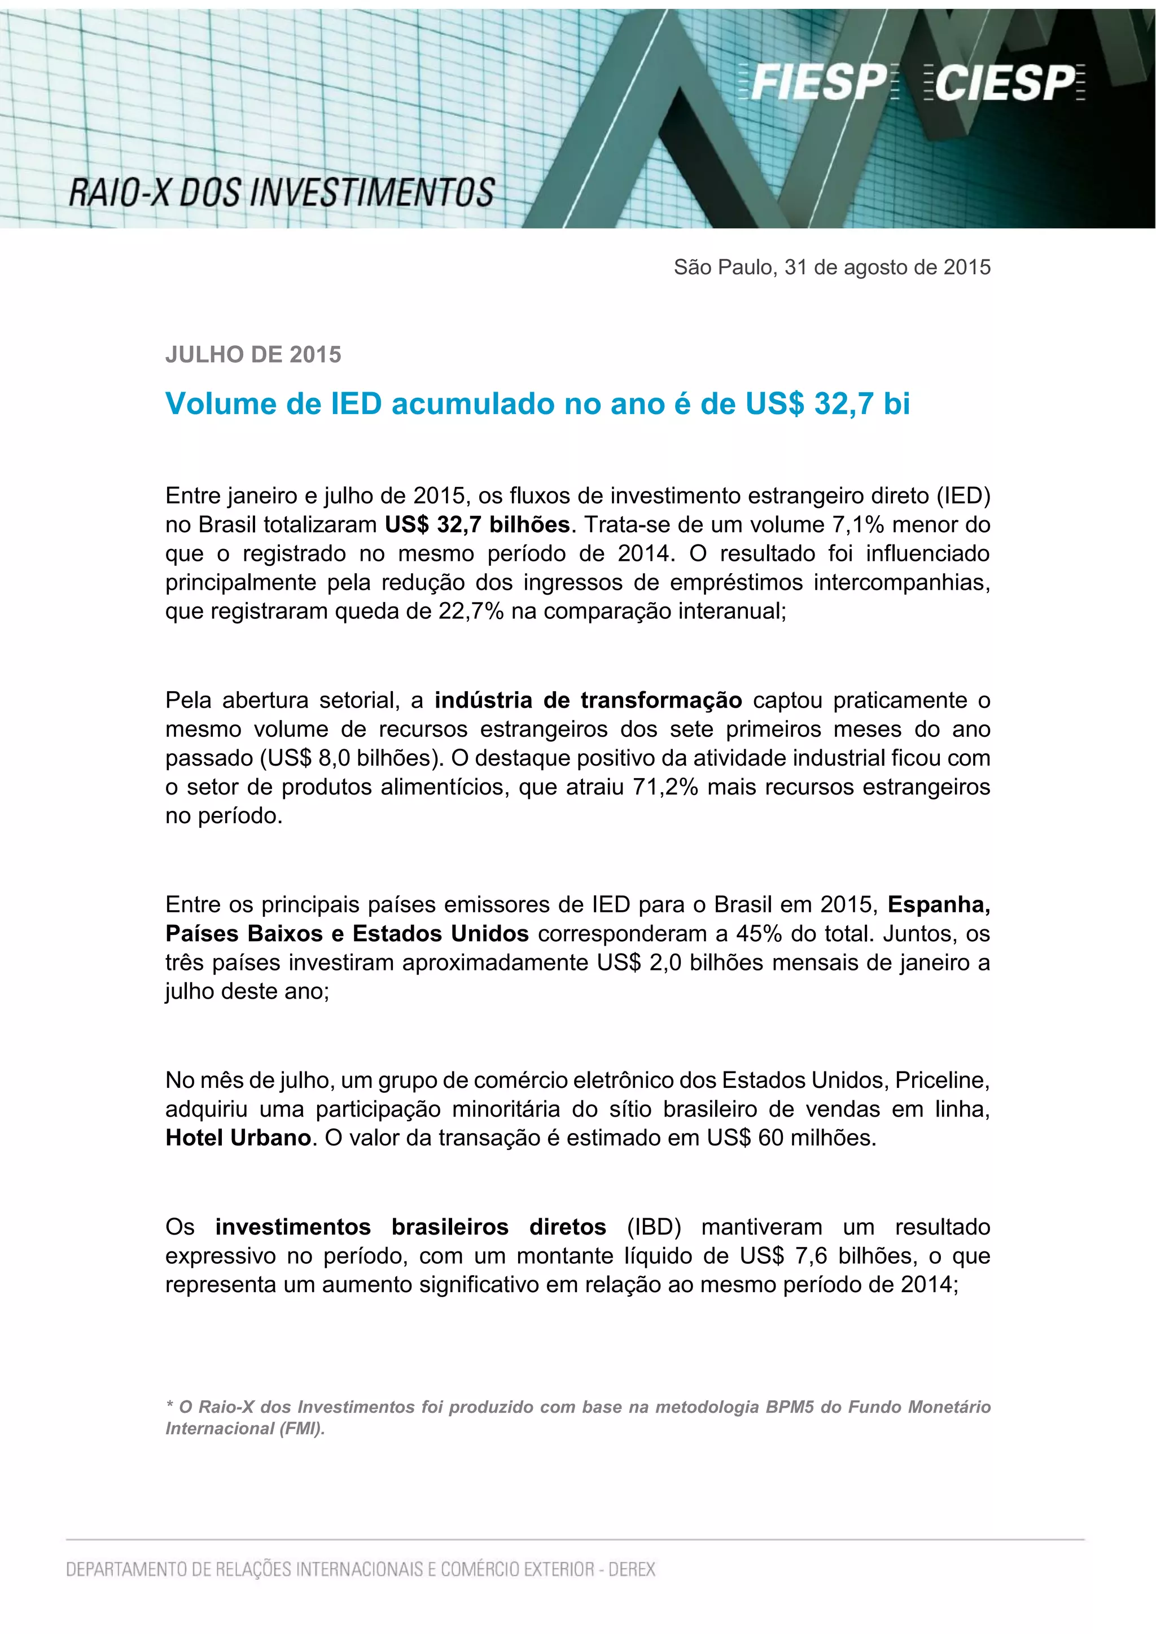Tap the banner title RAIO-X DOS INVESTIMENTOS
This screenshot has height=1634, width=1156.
pyautogui.click(x=281, y=193)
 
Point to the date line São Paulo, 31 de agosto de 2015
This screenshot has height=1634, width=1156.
pyautogui.click(x=831, y=267)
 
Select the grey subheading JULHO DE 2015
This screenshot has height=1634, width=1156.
pyautogui.click(x=253, y=354)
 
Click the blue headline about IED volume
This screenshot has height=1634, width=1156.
pyautogui.click(x=537, y=404)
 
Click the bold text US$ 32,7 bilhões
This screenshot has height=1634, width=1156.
pyautogui.click(x=477, y=525)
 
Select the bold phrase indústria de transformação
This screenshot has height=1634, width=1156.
pyautogui.click(x=588, y=700)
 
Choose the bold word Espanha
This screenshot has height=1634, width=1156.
pyautogui.click(x=938, y=904)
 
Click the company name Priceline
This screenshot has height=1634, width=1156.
pyautogui.click(x=941, y=1080)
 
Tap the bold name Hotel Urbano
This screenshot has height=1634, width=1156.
pyautogui.click(x=238, y=1138)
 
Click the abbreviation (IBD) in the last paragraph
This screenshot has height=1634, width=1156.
pyautogui.click(x=654, y=1227)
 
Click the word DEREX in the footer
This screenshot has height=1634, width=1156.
pyautogui.click(x=632, y=1569)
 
